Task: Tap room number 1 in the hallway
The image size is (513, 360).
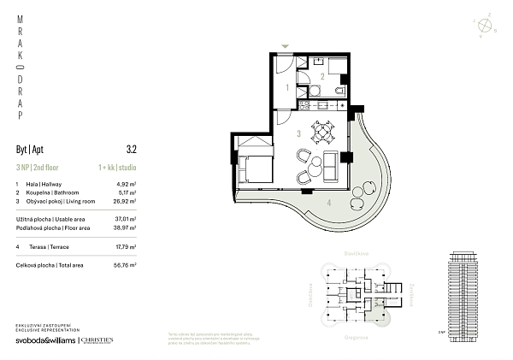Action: (286, 87)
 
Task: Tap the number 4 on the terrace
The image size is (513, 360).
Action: (328, 203)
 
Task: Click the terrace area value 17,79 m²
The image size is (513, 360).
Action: (127, 247)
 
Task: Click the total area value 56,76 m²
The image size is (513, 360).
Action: (127, 266)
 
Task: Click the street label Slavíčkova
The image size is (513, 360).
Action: (344, 254)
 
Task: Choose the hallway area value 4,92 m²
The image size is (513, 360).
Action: (127, 184)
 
